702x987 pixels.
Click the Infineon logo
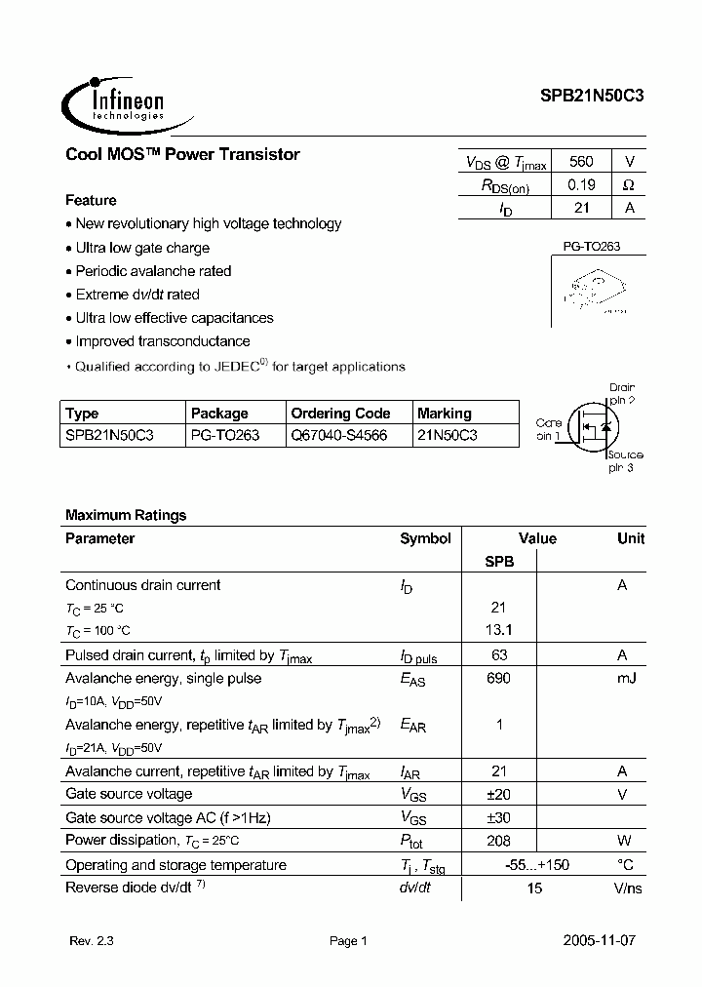click(114, 100)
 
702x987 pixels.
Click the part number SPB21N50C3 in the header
click(592, 97)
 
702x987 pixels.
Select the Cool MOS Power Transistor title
click(182, 154)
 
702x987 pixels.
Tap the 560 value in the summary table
click(580, 162)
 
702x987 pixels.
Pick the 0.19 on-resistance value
click(580, 184)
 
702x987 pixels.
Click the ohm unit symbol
click(629, 184)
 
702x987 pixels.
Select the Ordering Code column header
click(340, 414)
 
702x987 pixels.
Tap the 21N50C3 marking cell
click(447, 435)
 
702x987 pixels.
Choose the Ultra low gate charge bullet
click(141, 248)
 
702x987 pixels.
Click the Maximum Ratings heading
click(126, 515)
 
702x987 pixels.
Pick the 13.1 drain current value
click(498, 630)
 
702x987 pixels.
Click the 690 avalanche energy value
click(498, 678)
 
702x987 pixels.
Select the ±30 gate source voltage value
click(498, 818)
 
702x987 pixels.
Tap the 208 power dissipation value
click(498, 841)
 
